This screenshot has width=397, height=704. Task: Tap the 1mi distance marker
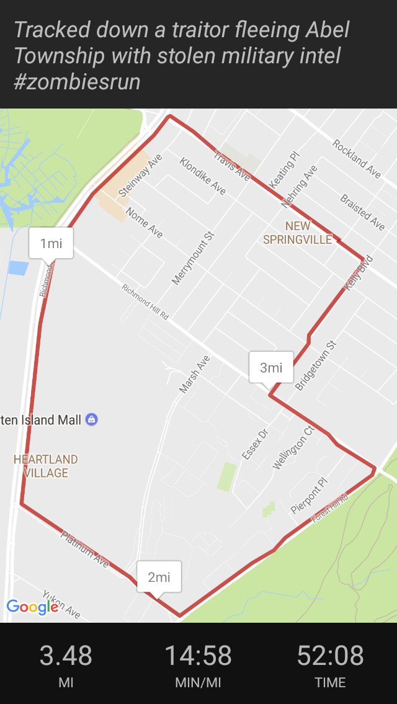click(x=51, y=243)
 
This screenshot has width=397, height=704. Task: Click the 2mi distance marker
click(x=159, y=577)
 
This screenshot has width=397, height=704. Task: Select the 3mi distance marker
click(x=270, y=367)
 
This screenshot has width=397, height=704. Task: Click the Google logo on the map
click(x=32, y=607)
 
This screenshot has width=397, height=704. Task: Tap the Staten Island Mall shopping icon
click(x=92, y=420)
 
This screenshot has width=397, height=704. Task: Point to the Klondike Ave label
click(x=203, y=176)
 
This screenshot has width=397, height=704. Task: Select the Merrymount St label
click(x=193, y=258)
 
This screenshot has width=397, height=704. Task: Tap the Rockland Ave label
click(x=357, y=159)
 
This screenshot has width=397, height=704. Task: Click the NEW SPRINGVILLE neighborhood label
click(x=298, y=233)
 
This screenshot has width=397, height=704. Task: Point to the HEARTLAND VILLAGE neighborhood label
click(x=46, y=466)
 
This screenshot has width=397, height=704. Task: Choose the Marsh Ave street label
click(x=195, y=374)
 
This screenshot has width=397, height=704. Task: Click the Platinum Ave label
click(x=86, y=549)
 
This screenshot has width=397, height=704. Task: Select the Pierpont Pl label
click(x=308, y=496)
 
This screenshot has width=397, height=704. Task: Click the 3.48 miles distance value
click(x=66, y=656)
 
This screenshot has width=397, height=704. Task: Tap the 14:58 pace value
click(x=198, y=656)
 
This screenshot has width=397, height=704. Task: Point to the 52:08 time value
click(x=330, y=656)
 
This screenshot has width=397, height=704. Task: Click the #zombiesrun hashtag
click(x=77, y=81)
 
